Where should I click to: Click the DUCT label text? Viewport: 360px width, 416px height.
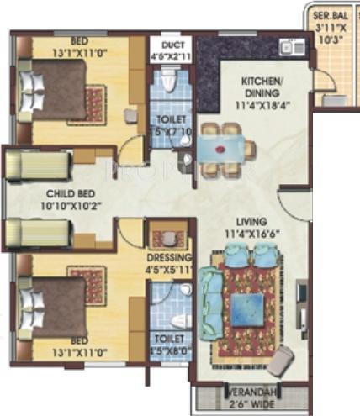coord(171,45)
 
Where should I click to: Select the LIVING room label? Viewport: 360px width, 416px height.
coord(251,220)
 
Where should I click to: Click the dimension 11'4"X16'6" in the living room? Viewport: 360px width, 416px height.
coord(251,232)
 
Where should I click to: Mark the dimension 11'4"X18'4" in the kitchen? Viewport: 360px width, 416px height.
coord(265,106)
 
